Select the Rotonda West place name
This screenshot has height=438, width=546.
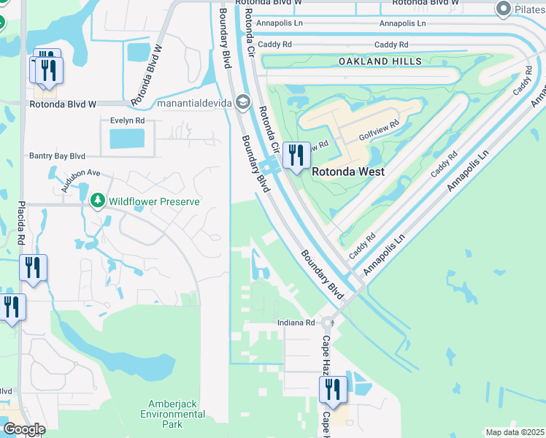[348, 172]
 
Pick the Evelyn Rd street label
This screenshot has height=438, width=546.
[127, 120]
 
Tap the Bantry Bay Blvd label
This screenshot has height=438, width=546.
[57, 155]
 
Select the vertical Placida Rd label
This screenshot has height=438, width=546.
[22, 222]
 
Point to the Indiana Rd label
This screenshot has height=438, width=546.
[296, 323]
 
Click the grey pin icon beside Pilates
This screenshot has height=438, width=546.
[502, 9]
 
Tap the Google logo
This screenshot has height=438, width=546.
[24, 429]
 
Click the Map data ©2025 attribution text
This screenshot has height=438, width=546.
[514, 432]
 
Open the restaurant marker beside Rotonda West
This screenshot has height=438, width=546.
[296, 155]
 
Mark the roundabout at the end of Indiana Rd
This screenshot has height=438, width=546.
[328, 322]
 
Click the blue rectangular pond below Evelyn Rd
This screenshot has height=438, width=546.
[127, 139]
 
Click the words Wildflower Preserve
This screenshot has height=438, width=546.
[154, 201]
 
